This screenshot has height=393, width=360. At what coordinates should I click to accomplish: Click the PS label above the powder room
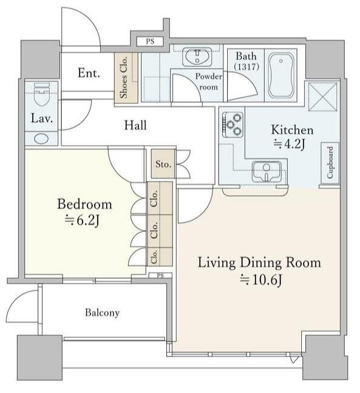(150, 41)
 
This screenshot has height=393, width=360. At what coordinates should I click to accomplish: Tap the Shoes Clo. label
(124, 78)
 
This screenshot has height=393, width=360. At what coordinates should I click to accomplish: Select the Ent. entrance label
(89, 73)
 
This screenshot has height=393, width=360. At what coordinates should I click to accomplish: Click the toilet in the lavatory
(42, 95)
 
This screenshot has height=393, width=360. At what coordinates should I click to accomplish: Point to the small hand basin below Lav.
(41, 138)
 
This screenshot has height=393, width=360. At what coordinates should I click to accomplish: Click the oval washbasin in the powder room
(197, 56)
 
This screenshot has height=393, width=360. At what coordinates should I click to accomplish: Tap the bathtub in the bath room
(281, 75)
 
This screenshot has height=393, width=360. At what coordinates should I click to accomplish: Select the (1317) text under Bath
(246, 67)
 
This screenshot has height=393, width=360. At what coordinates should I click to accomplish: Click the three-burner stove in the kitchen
(233, 125)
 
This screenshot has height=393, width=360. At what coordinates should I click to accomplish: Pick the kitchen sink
(267, 171)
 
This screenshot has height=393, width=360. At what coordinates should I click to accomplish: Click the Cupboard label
(330, 162)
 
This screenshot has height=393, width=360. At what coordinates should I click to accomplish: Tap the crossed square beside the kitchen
(323, 97)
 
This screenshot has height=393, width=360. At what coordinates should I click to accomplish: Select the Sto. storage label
(163, 164)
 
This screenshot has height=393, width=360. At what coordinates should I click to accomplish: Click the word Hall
(135, 125)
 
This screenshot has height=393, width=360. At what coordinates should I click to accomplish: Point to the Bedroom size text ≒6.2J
(82, 220)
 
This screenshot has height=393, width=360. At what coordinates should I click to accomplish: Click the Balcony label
(102, 313)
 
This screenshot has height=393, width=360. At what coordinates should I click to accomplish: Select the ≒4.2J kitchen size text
(289, 144)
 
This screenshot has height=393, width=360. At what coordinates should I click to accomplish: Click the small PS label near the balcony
(160, 276)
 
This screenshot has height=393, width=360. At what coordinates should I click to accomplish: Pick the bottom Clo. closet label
(154, 256)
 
